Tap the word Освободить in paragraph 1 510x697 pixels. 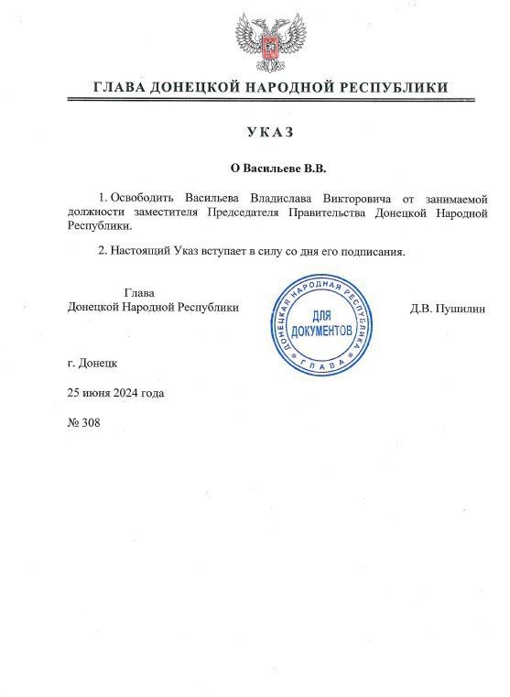pyautogui.click(x=145, y=197)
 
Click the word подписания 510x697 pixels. pyautogui.click(x=371, y=250)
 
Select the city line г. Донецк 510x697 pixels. pyautogui.click(x=92, y=363)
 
